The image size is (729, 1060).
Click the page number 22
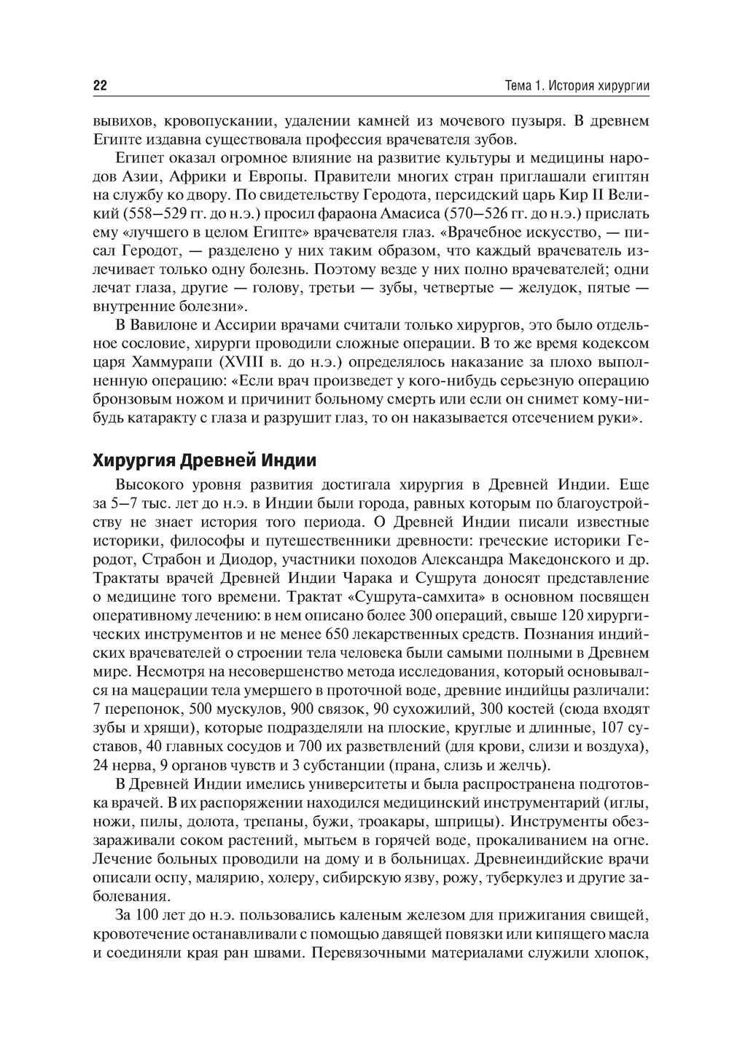100,86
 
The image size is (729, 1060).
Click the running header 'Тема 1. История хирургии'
577,86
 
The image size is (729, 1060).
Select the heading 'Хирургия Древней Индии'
204,460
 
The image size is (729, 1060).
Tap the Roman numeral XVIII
249,361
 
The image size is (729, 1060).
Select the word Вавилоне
163,323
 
